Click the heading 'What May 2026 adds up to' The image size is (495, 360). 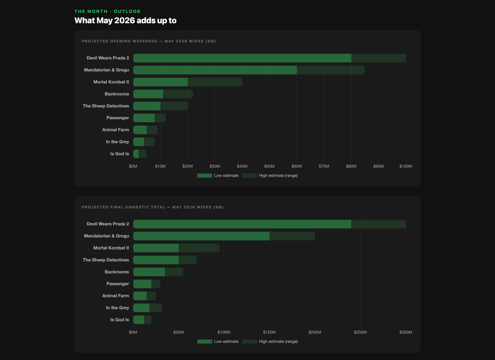tap(125, 21)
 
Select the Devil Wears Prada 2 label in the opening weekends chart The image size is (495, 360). tap(108, 58)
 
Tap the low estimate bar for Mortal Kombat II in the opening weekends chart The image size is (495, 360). tap(160, 82)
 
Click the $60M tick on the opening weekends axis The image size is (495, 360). tap(297, 166)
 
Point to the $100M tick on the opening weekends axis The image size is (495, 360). tap(406, 166)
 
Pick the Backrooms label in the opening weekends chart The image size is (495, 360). tap(117, 94)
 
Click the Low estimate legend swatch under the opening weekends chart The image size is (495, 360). tap(204, 175)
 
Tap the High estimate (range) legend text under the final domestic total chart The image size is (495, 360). tap(278, 341)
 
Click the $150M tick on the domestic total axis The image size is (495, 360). tap(269, 332)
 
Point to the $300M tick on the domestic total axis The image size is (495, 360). tap(406, 332)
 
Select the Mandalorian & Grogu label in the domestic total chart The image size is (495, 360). tap(106, 236)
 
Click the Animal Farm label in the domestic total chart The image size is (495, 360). tap(115, 296)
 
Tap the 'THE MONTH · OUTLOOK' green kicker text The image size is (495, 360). tap(108, 11)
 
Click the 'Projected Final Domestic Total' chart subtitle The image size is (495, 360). tap(153, 207)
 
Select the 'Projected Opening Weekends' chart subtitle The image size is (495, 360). tap(148, 41)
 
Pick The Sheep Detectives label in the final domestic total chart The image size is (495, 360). tap(106, 260)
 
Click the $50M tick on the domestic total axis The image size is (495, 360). tap(178, 332)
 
